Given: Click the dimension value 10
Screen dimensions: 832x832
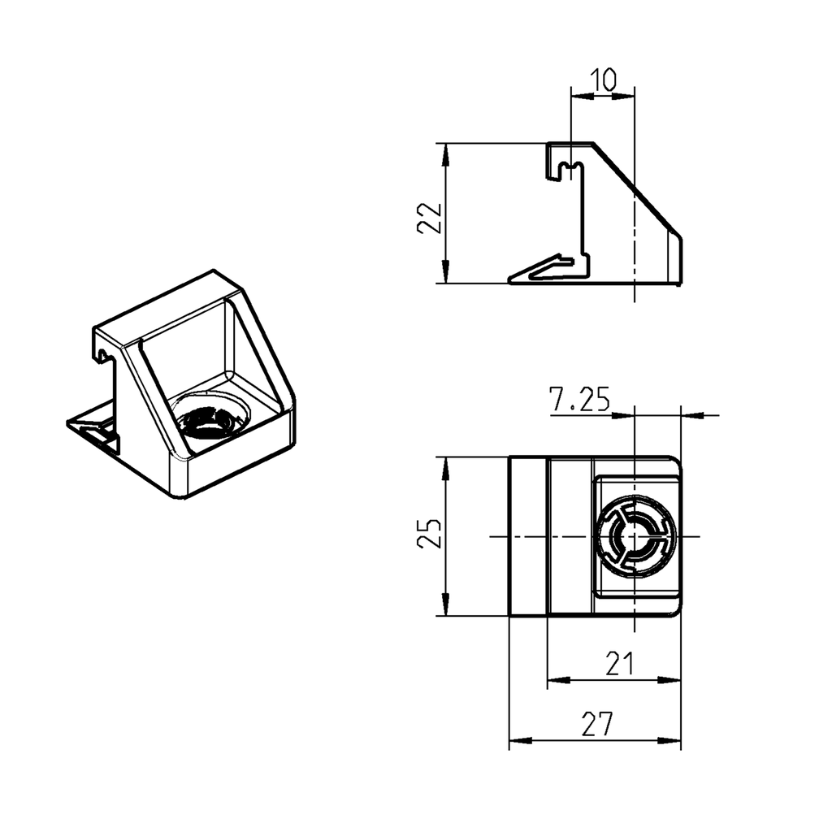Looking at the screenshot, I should (603, 80).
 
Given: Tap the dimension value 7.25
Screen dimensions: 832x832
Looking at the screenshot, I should (579, 400).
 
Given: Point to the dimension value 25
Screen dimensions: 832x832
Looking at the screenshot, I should (429, 533).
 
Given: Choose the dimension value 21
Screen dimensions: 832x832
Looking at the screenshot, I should (619, 665).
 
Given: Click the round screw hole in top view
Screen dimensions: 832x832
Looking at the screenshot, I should (635, 536).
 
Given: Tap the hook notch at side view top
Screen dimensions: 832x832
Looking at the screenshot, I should (571, 168).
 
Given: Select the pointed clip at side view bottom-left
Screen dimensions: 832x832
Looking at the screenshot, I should (536, 272).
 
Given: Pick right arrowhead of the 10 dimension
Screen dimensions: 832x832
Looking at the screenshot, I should (626, 96).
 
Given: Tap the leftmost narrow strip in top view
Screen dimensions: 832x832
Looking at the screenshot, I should (528, 536).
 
